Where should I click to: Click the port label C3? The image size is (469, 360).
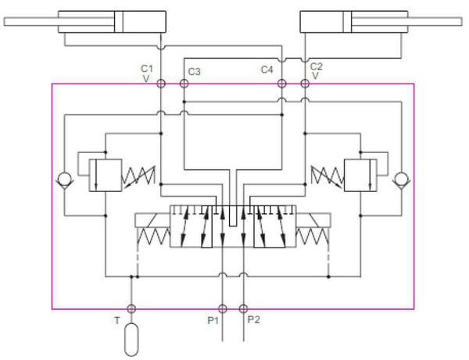(x=194, y=72)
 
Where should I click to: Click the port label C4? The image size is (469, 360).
(x=267, y=70)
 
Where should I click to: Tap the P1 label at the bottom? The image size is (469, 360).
(x=213, y=321)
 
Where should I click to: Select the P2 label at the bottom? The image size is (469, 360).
(x=253, y=319)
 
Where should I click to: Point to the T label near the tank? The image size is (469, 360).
(x=117, y=321)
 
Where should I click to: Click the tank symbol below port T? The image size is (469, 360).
(x=131, y=340)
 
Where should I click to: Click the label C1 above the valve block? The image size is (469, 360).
(x=147, y=69)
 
